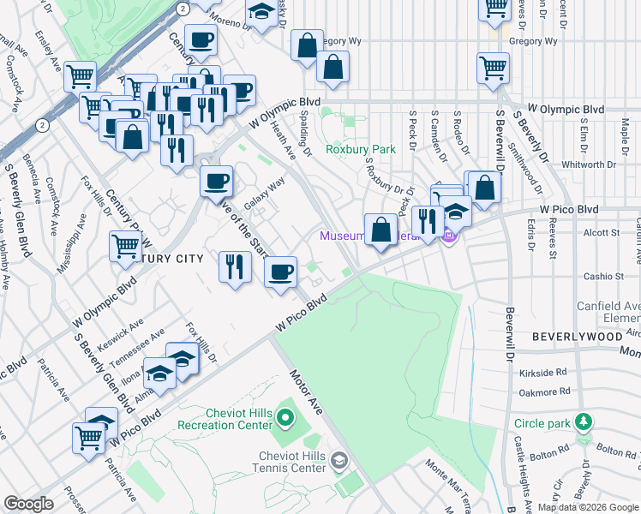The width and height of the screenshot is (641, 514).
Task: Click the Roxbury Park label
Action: [x=361, y=149]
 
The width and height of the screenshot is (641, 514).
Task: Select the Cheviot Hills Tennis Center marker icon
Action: [x=339, y=463]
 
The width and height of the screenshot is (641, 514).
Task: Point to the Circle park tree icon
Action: [x=584, y=422]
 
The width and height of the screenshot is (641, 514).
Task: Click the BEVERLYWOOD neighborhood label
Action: [x=577, y=337]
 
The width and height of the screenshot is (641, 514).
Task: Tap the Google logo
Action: [x=29, y=504]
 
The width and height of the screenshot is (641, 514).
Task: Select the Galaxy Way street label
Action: [x=264, y=194]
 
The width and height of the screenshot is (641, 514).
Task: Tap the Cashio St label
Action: [x=604, y=276]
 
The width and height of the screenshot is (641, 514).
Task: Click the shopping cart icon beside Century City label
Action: [x=125, y=246]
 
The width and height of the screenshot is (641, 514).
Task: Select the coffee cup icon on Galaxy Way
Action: [x=216, y=181]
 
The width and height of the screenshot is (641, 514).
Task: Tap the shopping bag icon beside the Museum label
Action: [x=380, y=229]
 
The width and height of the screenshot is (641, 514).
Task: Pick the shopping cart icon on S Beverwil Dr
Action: [x=494, y=67]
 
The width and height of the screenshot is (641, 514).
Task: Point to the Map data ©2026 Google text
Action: [x=588, y=507]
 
